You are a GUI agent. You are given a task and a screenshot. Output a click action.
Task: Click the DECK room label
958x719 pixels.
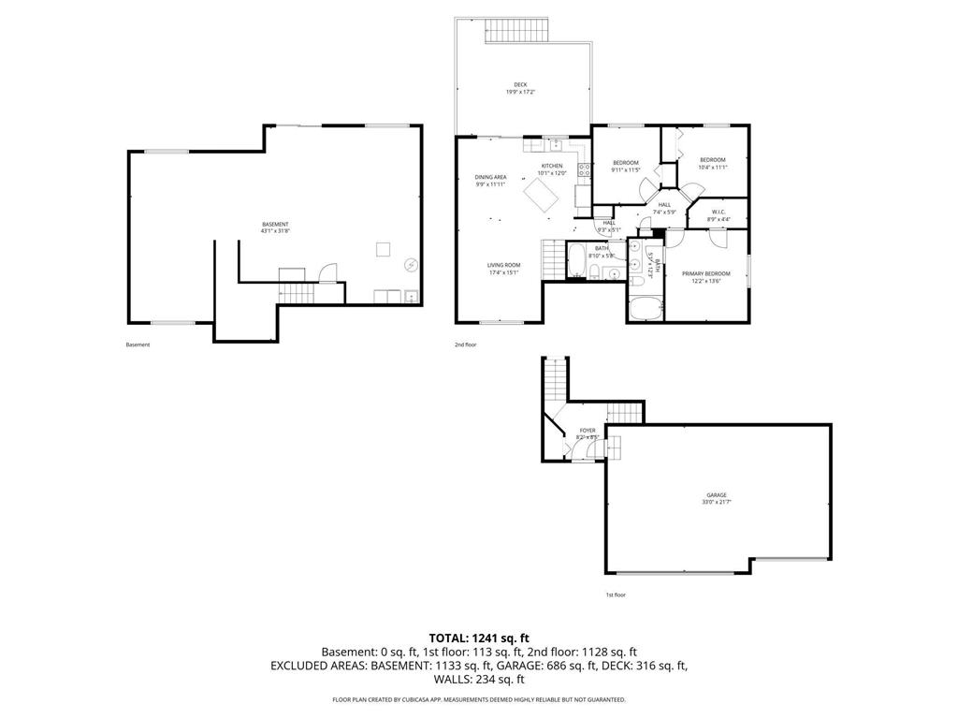click(519, 85)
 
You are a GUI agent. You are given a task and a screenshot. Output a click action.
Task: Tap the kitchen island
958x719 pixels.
click(543, 195)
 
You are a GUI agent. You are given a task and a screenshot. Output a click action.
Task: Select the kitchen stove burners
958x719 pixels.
click(584, 170)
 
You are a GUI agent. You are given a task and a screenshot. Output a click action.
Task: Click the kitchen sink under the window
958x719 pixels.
click(554, 145)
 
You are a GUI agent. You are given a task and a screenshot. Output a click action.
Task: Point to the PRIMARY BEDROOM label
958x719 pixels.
click(711, 273)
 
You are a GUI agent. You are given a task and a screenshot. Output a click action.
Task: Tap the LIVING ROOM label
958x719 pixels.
click(503, 265)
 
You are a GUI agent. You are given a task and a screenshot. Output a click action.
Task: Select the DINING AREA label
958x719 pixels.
click(490, 177)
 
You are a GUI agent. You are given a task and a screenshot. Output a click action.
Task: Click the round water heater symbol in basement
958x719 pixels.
click(411, 266)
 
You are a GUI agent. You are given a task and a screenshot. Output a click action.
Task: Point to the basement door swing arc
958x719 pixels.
click(327, 271)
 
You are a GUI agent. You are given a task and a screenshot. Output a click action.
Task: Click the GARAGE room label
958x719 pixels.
click(717, 495)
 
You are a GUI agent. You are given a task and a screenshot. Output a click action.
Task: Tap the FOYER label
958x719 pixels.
click(587, 431)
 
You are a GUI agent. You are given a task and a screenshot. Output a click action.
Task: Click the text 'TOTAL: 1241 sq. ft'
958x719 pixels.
click(479, 638)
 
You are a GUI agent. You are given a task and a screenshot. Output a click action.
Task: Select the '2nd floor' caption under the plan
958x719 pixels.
click(465, 345)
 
